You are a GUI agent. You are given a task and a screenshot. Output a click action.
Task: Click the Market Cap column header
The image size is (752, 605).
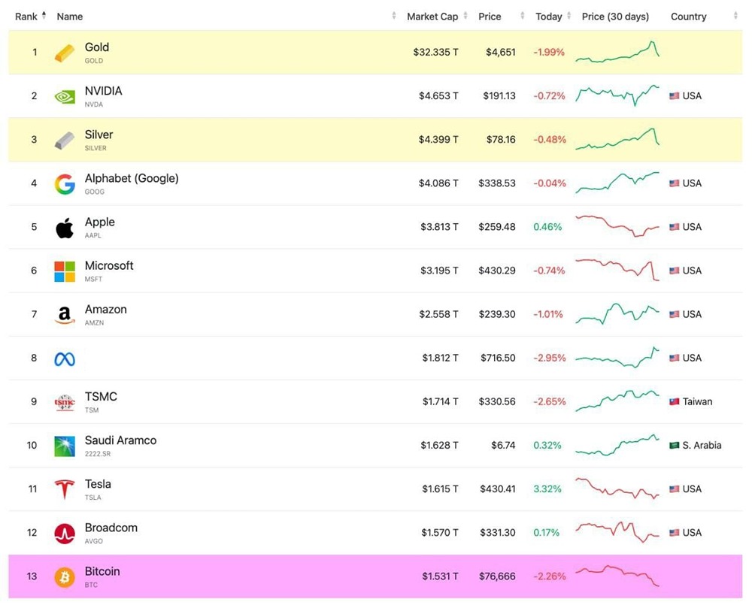pos(432,17)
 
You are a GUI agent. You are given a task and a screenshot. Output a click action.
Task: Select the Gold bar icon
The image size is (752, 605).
pos(65,53)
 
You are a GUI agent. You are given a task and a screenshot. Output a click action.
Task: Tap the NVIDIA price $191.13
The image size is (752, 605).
pos(497,96)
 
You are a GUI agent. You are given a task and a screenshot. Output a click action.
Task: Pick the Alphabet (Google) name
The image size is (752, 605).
pos(132,179)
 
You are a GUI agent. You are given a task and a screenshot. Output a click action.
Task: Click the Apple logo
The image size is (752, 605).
pos(65,227)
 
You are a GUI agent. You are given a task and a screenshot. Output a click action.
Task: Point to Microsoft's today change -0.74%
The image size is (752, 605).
pos(549,271)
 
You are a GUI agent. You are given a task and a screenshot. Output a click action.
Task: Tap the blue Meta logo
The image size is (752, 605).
pos(65,358)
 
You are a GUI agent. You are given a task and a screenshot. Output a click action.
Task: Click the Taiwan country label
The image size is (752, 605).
pos(697,402)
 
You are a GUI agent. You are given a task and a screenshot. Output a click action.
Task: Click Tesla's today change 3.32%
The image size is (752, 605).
pos(547,489)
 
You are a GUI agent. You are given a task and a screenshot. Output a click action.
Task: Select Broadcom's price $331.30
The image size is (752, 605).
pos(497,533)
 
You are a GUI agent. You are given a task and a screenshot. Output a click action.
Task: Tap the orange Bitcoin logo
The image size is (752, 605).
pos(65,577)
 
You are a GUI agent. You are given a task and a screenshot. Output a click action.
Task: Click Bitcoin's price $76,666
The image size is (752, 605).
pos(497,576)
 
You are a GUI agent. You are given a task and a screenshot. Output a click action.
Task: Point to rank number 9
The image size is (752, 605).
pos(34,402)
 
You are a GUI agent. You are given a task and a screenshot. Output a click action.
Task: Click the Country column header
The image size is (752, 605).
pos(689,17)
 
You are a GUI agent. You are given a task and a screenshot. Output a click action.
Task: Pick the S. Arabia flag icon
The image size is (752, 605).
pos(675,446)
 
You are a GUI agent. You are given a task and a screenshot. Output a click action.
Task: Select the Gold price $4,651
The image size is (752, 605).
pos(501,53)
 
